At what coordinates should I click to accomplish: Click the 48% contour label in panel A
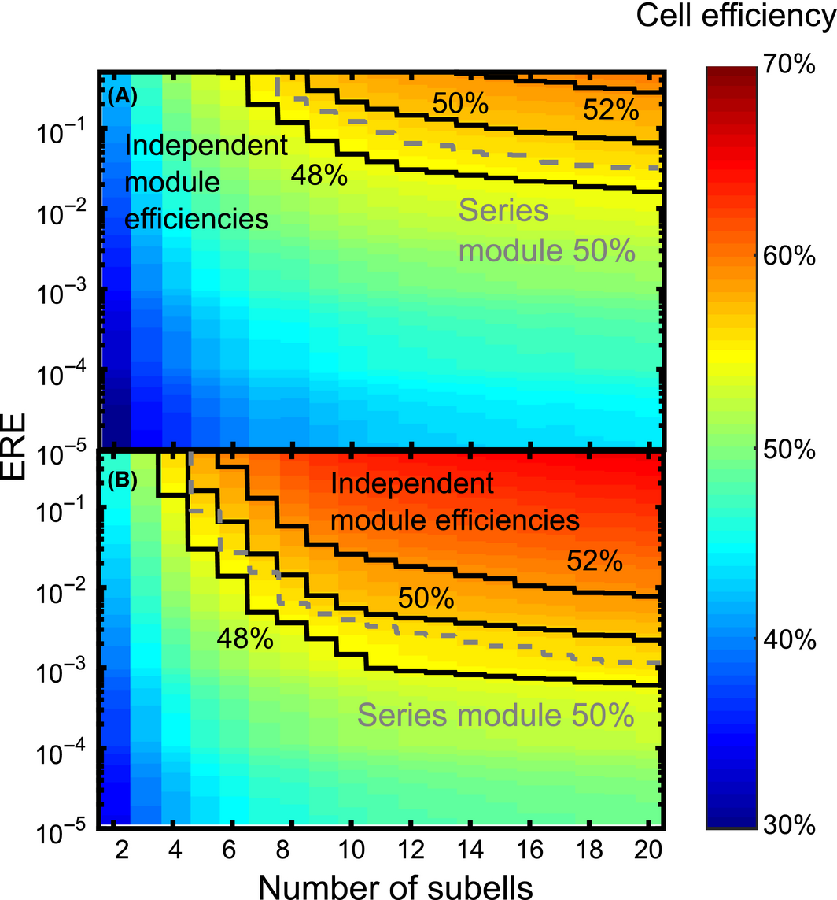(319, 176)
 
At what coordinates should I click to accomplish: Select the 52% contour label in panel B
(593, 561)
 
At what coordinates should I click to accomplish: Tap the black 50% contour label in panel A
(458, 102)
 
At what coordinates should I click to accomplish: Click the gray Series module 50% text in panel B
(496, 716)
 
